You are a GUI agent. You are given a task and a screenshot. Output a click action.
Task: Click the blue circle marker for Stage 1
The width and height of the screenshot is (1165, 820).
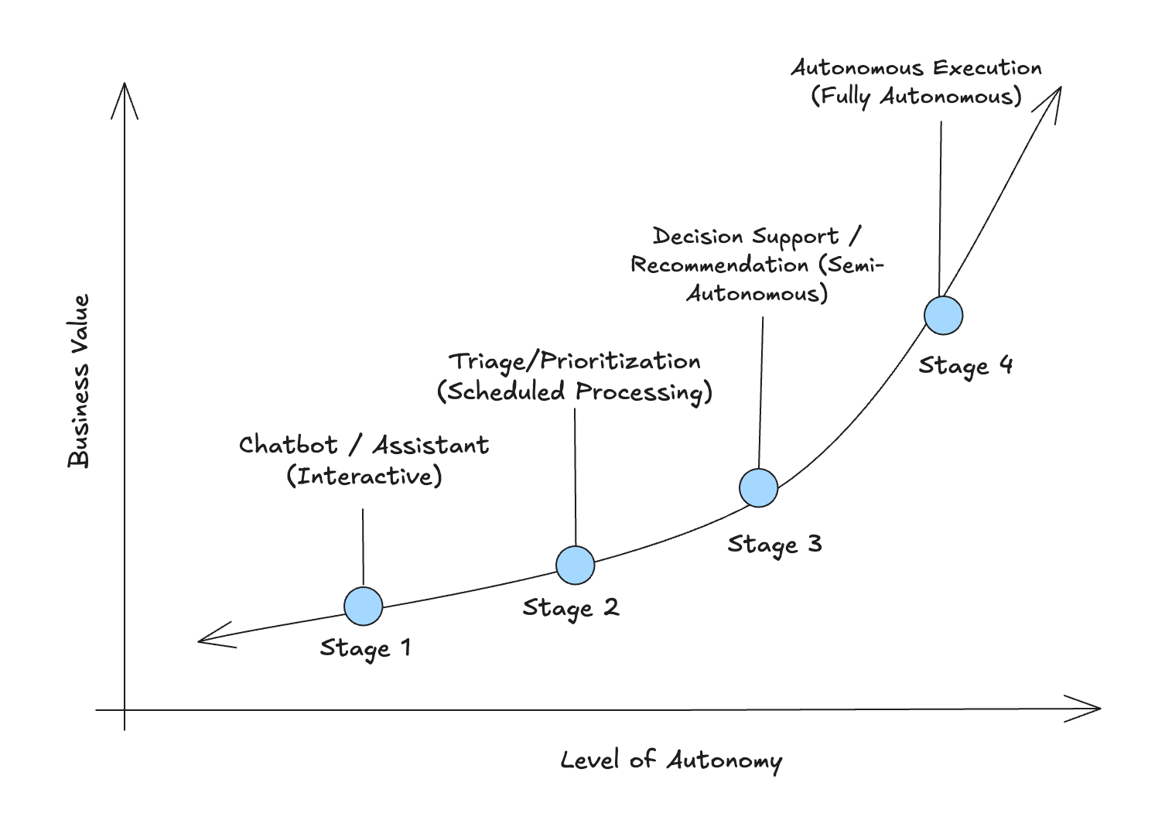[363, 606]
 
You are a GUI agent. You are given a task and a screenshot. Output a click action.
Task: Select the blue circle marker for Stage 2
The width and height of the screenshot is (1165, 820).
[575, 565]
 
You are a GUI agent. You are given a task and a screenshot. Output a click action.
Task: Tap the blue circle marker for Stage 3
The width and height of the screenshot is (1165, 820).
[758, 488]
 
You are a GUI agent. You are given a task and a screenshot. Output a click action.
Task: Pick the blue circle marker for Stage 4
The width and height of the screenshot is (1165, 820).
[943, 316]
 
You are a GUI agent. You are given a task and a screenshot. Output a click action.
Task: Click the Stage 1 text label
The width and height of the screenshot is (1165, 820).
[365, 648]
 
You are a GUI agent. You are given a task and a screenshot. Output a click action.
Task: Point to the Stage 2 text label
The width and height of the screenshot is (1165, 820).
[571, 608]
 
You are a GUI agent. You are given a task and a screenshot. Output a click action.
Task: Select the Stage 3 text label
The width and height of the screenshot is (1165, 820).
[774, 545]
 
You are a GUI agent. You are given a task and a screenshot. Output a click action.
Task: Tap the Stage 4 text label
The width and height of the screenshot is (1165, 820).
[965, 365]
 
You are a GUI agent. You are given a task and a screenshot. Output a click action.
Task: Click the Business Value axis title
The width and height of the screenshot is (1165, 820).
[79, 381]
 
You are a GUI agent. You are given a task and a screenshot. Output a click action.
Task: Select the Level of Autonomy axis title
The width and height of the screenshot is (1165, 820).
[671, 760]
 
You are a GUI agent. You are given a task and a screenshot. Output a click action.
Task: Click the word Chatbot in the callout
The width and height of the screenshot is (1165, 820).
[288, 445]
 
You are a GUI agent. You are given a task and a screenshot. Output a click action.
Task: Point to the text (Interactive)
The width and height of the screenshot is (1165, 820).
[364, 476]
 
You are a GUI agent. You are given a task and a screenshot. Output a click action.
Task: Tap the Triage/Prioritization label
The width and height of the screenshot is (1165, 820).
[575, 361]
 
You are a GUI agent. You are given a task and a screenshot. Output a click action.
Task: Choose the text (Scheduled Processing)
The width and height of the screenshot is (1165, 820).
[575, 391]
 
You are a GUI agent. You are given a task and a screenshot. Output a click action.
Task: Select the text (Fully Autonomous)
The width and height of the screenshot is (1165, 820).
[916, 97]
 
